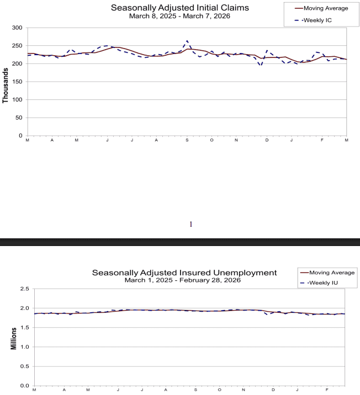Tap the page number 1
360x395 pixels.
point(190,225)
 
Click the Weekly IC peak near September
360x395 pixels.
point(187,41)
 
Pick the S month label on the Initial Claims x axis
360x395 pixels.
point(187,141)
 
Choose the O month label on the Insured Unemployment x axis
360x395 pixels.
point(219,391)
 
